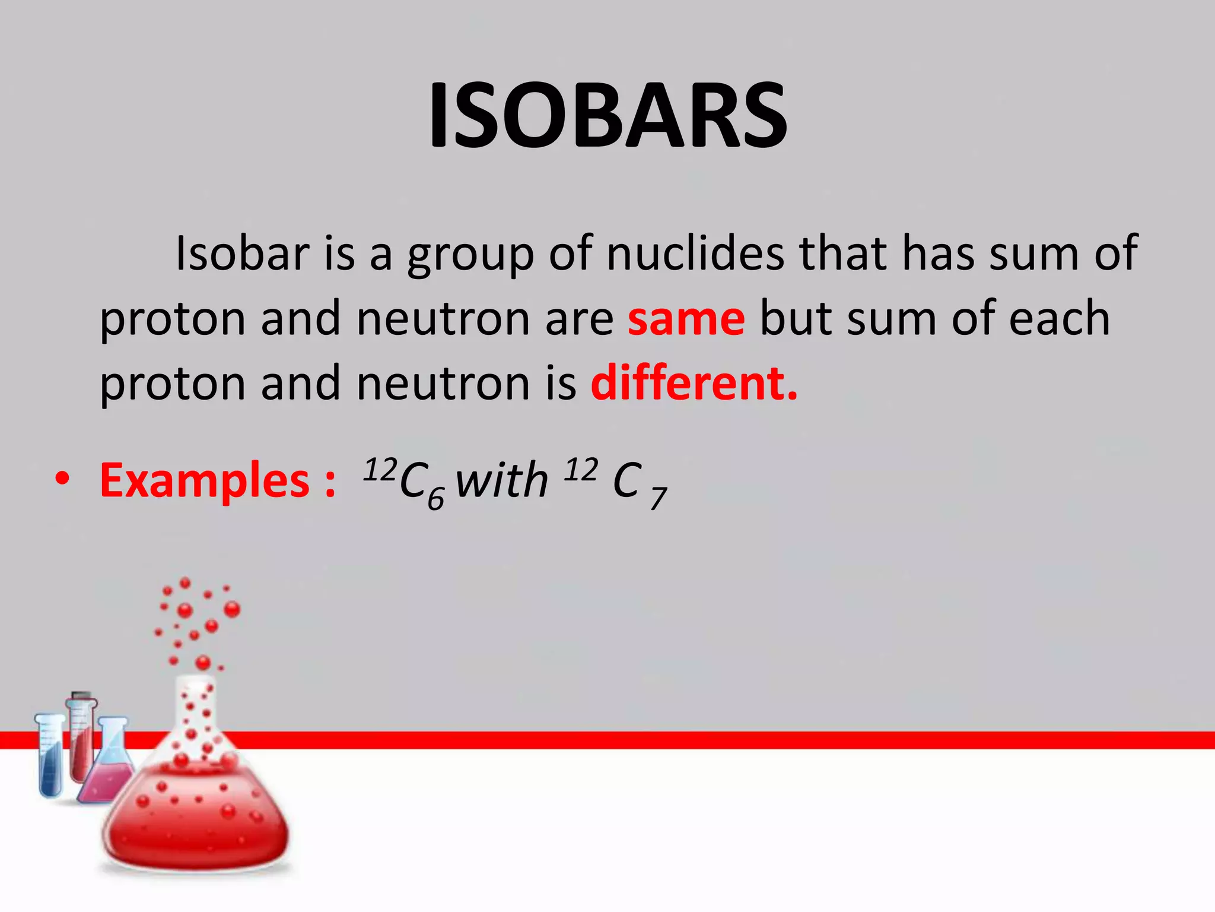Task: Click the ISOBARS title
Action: [x=607, y=116]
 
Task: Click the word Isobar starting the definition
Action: [x=242, y=254]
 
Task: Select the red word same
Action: [x=686, y=319]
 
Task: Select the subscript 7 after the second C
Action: [x=658, y=499]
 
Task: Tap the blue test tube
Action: [x=50, y=757]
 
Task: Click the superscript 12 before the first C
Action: [x=380, y=470]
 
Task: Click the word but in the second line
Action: [x=795, y=319]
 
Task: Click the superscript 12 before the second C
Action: [x=581, y=470]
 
